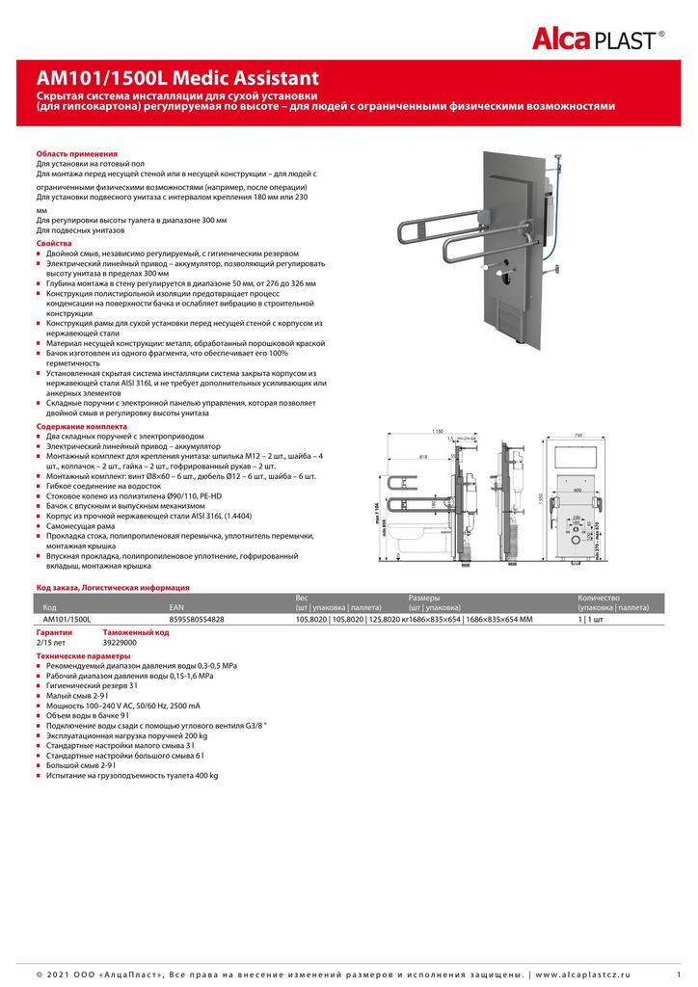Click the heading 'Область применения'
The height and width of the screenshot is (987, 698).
(77, 154)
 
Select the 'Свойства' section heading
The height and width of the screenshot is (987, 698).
(55, 245)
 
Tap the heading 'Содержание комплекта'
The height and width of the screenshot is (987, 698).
(82, 425)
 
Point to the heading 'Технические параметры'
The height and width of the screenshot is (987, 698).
(81, 655)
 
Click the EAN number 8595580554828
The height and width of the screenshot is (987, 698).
(197, 620)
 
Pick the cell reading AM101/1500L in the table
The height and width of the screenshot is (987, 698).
(67, 620)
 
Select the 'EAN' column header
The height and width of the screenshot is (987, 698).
(176, 607)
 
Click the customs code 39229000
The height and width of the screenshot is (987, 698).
(121, 642)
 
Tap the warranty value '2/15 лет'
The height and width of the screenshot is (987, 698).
(52, 642)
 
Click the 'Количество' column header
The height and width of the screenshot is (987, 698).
(599, 598)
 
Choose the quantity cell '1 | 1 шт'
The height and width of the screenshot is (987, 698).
(591, 620)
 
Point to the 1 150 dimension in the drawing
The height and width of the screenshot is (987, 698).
(438, 431)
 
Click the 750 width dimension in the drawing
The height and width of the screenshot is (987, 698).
(577, 435)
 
